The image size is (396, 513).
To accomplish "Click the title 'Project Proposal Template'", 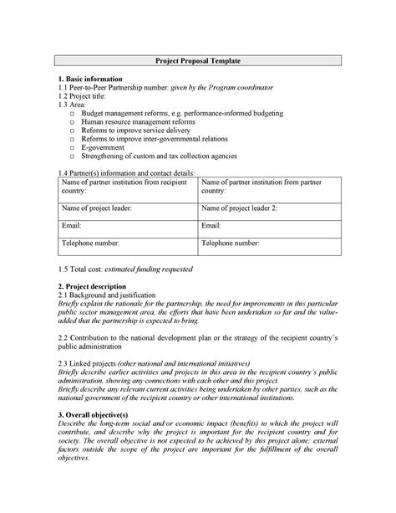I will tap(198, 61).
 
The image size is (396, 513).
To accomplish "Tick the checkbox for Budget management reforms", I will tap(73, 112).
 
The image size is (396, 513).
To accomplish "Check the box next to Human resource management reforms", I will tap(73, 121).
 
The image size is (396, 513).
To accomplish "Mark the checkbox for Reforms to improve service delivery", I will tap(73, 130).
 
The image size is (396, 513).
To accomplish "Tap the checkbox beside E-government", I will tap(73, 147).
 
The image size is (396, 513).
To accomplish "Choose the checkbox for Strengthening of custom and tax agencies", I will tap(73, 156).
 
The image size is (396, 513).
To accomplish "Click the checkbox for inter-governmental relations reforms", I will tap(73, 139).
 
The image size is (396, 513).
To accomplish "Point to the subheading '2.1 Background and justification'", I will tap(107, 296).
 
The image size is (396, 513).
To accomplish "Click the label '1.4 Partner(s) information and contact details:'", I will tap(126, 172).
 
